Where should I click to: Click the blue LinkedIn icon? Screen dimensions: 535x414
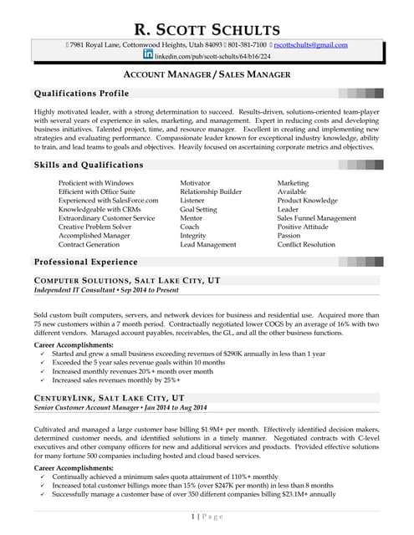[x=148, y=54]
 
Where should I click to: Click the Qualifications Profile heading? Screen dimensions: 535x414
[x=81, y=93]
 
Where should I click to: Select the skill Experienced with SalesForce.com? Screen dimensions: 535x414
[x=108, y=201]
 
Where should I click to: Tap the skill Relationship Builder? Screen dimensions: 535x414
[x=211, y=191]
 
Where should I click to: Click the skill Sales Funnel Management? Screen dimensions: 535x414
[x=316, y=218]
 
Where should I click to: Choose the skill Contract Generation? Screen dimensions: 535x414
[x=89, y=245]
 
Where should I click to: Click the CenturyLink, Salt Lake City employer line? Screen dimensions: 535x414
[x=109, y=398]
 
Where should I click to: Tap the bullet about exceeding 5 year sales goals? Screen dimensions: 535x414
[x=138, y=363]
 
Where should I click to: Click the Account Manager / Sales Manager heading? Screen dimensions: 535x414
[x=207, y=74]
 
